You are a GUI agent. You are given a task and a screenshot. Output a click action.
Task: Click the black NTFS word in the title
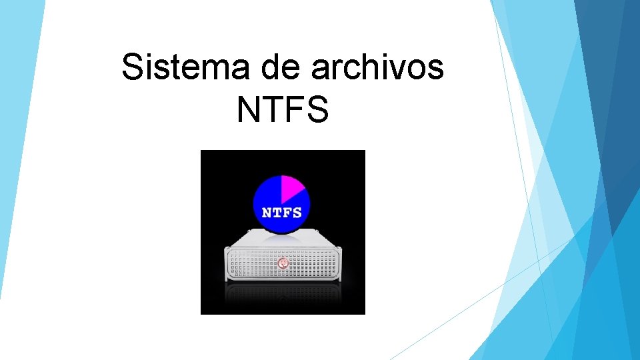(283, 110)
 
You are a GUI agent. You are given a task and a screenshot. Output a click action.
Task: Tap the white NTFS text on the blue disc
(281, 213)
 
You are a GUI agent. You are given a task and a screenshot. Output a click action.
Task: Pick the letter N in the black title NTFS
(249, 110)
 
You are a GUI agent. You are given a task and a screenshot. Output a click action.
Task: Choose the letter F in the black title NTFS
(294, 110)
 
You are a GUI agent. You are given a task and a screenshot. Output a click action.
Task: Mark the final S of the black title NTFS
(317, 110)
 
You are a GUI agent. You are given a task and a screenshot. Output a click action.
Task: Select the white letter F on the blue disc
(287, 213)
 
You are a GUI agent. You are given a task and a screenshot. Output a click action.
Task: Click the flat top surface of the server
(283, 240)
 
